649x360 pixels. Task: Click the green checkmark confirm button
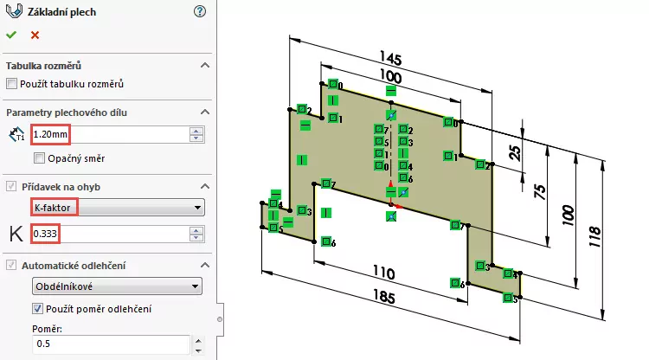coord(11,35)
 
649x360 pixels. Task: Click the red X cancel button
coord(35,35)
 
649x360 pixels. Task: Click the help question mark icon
coord(201,11)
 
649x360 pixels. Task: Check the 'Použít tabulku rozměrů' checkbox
coord(12,84)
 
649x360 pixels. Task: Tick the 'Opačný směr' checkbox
coord(40,158)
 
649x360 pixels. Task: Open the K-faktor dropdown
coord(117,208)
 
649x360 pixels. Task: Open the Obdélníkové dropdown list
coord(117,286)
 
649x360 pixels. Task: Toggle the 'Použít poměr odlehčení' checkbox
coord(38,309)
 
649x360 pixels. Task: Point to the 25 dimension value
coord(516,154)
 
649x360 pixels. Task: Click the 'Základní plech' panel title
coord(62,12)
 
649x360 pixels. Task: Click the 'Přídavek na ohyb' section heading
coord(61,186)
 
